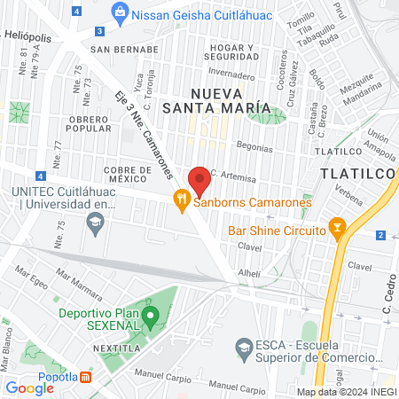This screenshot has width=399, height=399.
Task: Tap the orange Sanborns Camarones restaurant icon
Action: tap(182, 201)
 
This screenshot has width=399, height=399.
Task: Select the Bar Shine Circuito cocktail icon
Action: tap(337, 228)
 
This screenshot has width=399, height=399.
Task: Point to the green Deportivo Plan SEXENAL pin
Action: tap(151, 314)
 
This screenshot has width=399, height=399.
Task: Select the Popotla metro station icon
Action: tap(85, 376)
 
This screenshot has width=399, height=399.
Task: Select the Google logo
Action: tap(29, 387)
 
